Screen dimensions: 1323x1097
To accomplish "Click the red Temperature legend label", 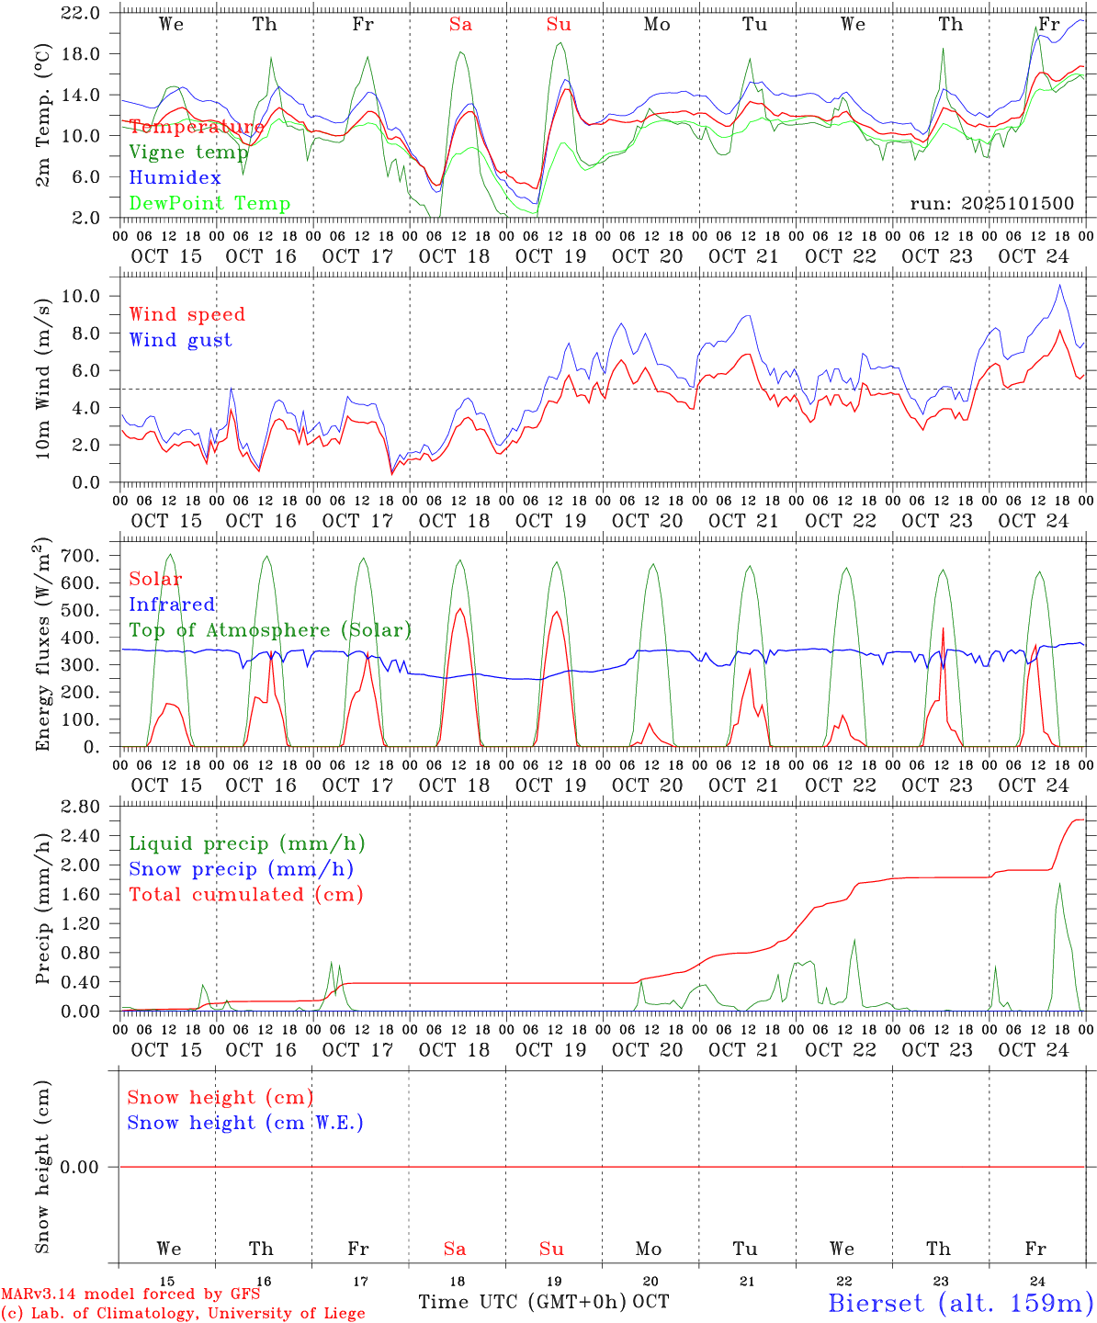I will point(197,127).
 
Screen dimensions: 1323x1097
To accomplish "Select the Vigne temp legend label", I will point(188,153).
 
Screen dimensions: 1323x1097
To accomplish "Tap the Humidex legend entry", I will point(175,178).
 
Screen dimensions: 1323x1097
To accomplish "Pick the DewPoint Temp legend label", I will point(209,204).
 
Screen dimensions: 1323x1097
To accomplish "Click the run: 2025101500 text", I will point(991,204).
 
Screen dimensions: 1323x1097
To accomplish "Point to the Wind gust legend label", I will point(181,340).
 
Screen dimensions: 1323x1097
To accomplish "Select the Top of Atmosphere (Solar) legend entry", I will point(270,630).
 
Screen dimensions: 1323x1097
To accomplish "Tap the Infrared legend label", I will point(172,605).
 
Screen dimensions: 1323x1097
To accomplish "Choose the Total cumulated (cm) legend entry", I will point(246,895).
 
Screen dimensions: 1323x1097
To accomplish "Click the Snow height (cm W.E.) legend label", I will point(245,1123).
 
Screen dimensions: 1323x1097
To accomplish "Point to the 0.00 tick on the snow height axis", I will point(90,1167).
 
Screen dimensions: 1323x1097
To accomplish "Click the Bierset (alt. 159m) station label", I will point(960,1303).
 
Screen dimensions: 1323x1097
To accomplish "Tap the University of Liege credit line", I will point(183,1314).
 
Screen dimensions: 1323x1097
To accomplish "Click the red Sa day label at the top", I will point(460,25).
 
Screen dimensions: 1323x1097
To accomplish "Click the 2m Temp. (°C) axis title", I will point(43,115).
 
